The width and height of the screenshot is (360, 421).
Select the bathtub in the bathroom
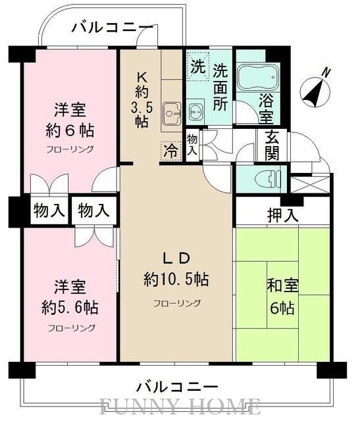tap(257, 80)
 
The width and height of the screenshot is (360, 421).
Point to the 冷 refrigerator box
tap(170, 149)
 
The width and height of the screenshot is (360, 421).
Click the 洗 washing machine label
tap(197, 66)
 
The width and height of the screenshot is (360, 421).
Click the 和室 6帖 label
tap(281, 297)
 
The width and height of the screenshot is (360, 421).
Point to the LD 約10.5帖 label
tap(176, 268)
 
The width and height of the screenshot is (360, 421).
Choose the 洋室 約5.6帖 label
tap(69, 297)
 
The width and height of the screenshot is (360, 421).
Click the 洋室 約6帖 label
tap(68, 119)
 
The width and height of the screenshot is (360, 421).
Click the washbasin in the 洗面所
tap(195, 110)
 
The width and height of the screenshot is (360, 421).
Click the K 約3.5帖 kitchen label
tap(145, 99)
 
